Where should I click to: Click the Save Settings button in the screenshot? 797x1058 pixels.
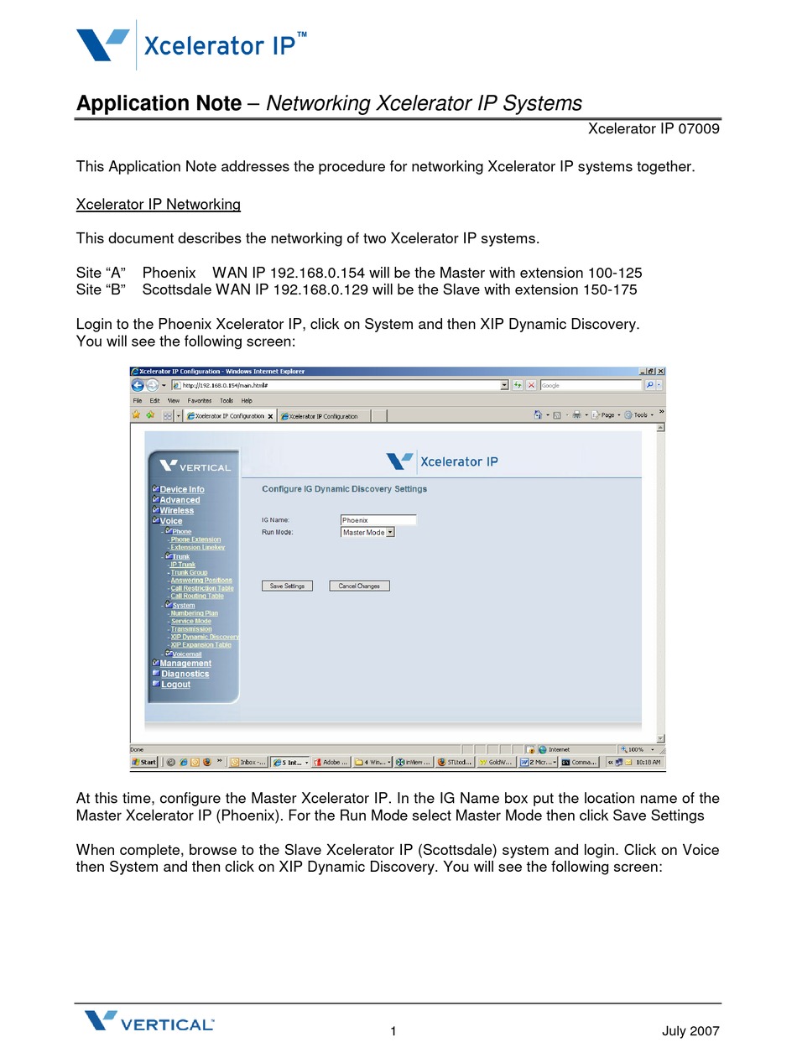pos(287,586)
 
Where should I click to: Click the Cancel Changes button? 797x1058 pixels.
pos(359,586)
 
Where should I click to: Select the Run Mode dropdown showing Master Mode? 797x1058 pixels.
pos(367,532)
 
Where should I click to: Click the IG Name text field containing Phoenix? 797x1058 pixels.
pos(378,520)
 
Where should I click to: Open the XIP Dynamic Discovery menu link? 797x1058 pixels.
pos(205,637)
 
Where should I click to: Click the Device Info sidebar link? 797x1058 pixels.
pos(182,489)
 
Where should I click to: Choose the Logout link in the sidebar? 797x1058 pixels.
pos(175,685)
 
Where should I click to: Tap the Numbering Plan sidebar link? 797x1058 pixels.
pos(194,613)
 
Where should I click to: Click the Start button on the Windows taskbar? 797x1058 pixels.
pos(145,762)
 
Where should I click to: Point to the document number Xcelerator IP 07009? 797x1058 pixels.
pos(653,128)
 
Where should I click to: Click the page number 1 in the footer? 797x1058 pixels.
pos(393,1031)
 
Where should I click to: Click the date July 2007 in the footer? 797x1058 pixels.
pos(690,1031)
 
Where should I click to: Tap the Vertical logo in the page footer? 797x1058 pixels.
pos(149,1022)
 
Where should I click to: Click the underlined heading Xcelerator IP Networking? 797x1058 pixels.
pos(158,205)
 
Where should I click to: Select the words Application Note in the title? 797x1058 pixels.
pos(159,103)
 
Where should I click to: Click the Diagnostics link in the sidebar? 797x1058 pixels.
pos(185,674)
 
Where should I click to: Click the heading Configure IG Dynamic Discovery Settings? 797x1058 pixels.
pos(344,489)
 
